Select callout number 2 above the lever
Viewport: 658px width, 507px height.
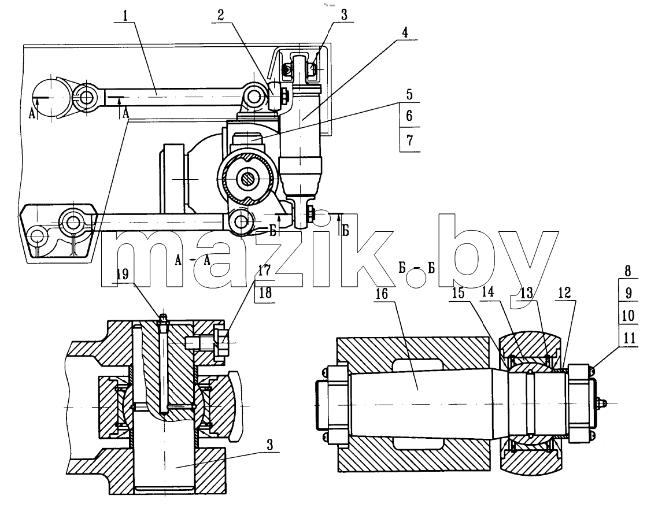pyautogui.click(x=221, y=16)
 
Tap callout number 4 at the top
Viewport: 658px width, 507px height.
pyautogui.click(x=405, y=32)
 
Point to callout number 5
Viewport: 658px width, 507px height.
pyautogui.click(x=409, y=95)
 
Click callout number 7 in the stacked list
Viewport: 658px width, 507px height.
pyautogui.click(x=410, y=140)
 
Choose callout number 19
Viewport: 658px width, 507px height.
pyautogui.click(x=123, y=275)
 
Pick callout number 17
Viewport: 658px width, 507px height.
pyautogui.click(x=264, y=271)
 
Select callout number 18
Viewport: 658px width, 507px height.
pyautogui.click(x=265, y=293)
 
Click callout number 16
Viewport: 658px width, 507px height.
pyautogui.click(x=382, y=293)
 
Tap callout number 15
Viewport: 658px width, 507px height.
pyautogui.click(x=459, y=293)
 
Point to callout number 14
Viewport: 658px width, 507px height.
pyautogui.click(x=488, y=292)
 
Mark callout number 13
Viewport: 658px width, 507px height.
pyautogui.click(x=527, y=293)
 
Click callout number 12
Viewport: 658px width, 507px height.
pyautogui.click(x=565, y=293)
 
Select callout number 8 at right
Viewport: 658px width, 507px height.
pyautogui.click(x=628, y=271)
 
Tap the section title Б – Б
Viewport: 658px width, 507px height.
pyautogui.click(x=417, y=269)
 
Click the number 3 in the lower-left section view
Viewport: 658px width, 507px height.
pyautogui.click(x=270, y=445)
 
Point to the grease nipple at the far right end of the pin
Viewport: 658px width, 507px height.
pyautogui.click(x=602, y=403)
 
